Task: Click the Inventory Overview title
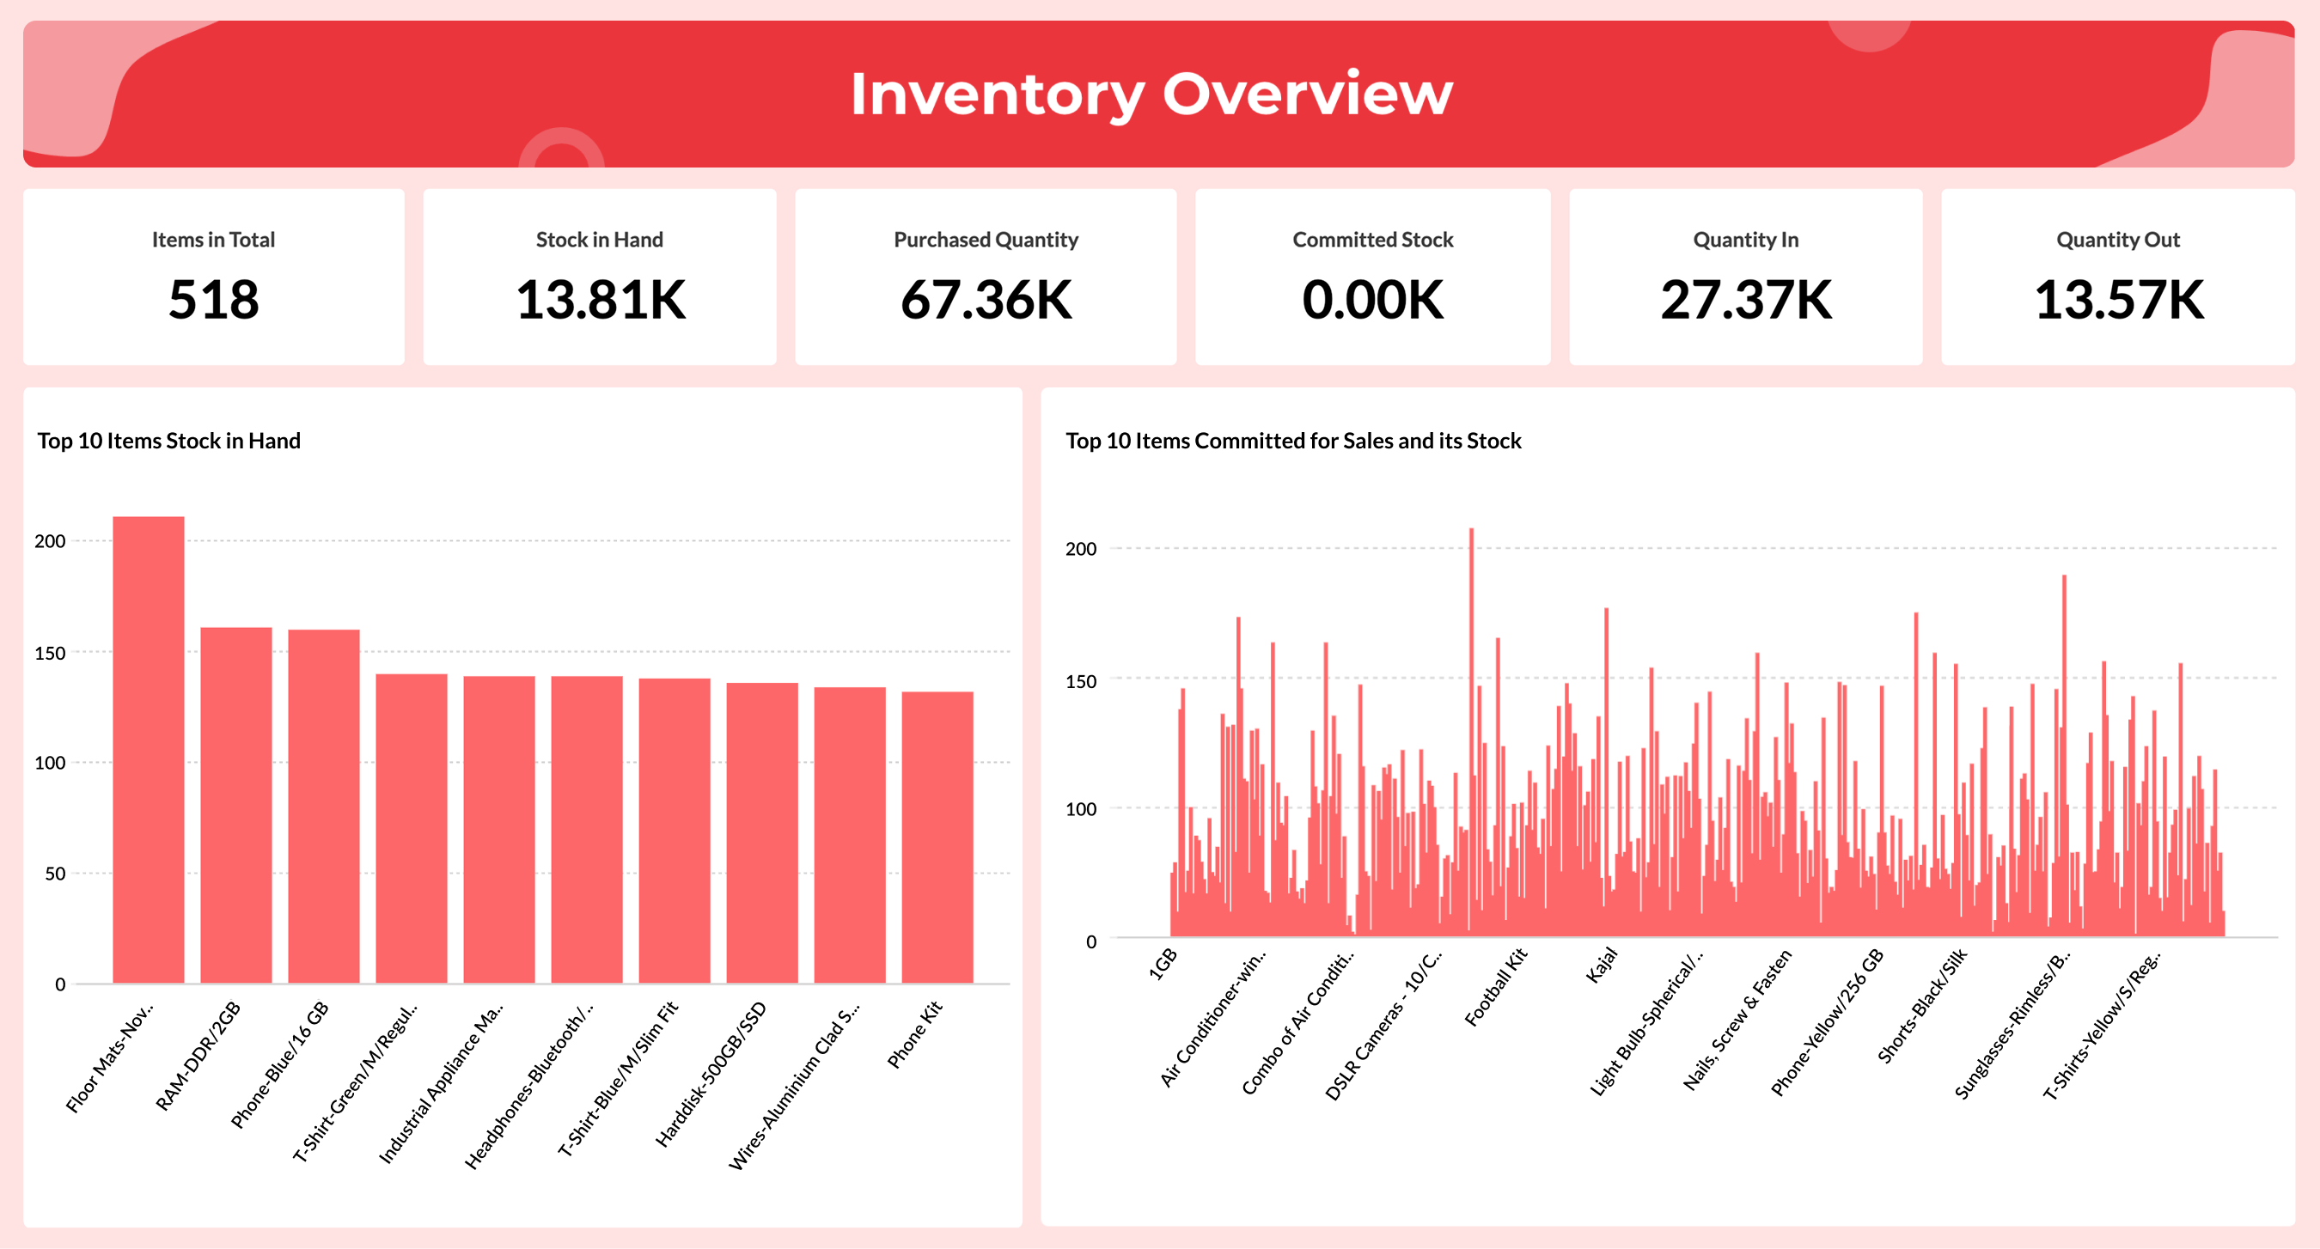(1151, 94)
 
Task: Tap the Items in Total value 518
(213, 300)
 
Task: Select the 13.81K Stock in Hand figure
(600, 300)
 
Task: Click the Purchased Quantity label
(986, 240)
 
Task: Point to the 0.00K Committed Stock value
(1372, 300)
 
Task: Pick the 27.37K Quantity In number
(1745, 300)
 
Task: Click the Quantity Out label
(2117, 240)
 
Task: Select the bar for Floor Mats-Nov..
(148, 747)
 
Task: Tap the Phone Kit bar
(937, 837)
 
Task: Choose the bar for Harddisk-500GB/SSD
(762, 832)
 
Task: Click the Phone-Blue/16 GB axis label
(280, 1063)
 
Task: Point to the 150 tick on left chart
(51, 653)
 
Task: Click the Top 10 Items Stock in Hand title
(168, 441)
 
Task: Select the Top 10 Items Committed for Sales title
(1293, 441)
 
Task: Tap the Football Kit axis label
(1495, 987)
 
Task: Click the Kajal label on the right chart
(1602, 966)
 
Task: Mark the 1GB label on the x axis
(1163, 964)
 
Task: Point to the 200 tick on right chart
(1081, 548)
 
